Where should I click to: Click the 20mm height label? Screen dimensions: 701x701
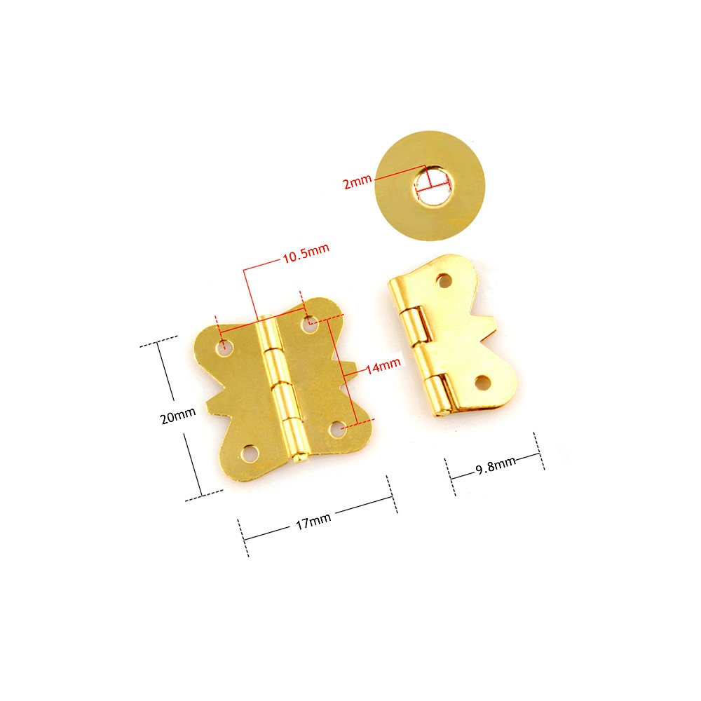click(178, 416)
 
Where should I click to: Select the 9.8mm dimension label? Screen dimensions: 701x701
click(496, 465)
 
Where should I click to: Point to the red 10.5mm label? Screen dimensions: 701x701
click(306, 253)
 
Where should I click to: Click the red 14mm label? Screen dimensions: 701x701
click(383, 366)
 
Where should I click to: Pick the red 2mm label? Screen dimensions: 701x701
click(358, 182)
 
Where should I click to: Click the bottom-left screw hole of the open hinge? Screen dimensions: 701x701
click(249, 454)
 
